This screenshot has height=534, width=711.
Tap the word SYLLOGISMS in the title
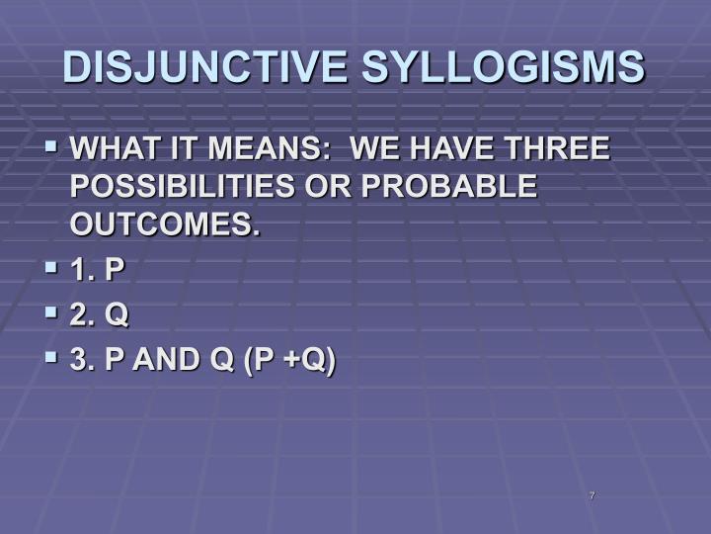tap(504, 67)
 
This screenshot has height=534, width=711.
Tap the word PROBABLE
tap(451, 187)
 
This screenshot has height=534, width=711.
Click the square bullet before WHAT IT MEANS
tap(52, 148)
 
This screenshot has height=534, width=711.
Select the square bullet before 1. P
tap(52, 267)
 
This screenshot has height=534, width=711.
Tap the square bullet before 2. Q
tap(52, 313)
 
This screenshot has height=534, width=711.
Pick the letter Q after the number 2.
tap(117, 315)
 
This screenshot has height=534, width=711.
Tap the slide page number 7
tap(591, 494)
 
